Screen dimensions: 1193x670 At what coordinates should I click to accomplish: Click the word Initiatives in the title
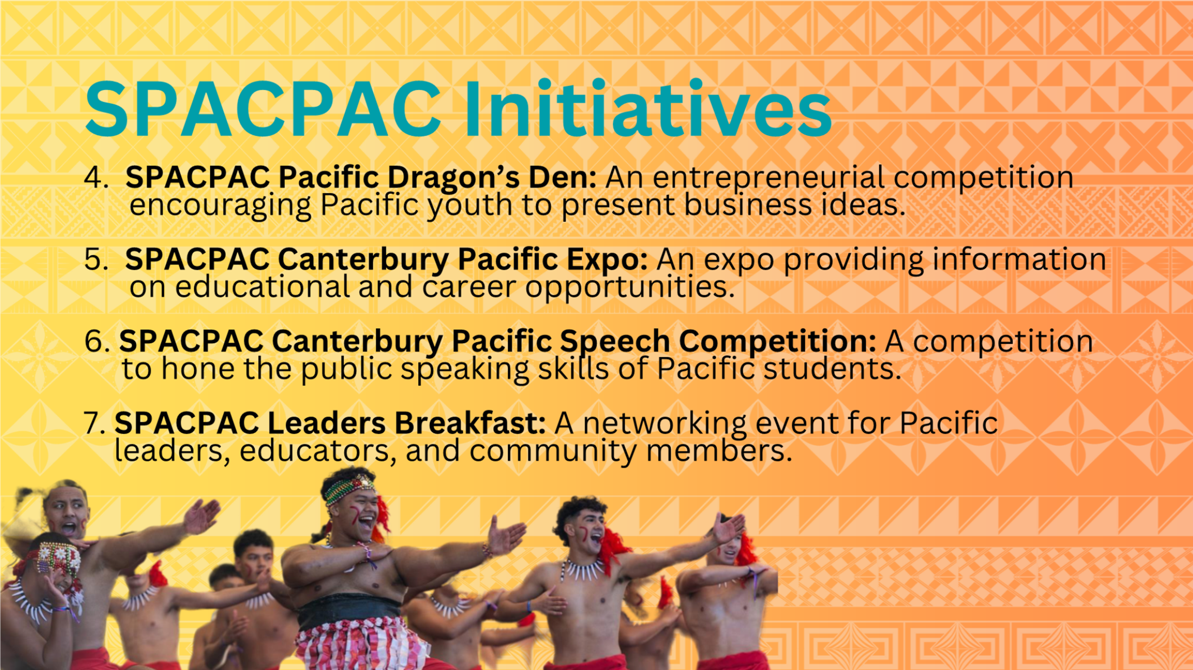pos(647,109)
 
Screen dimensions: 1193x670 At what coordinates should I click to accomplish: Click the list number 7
pos(94,423)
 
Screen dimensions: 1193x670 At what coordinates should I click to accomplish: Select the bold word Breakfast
pos(470,423)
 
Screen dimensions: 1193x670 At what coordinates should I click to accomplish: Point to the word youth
pos(469,207)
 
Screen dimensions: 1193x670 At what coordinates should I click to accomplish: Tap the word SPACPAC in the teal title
pos(264,109)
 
